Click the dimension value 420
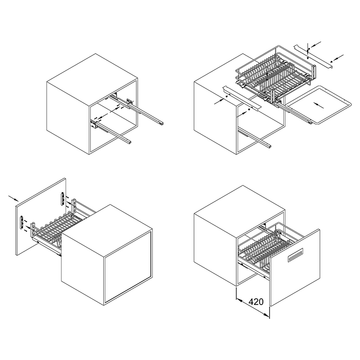pyautogui.click(x=256, y=301)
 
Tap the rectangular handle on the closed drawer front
pyautogui.click(x=296, y=255)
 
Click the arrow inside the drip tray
pyautogui.click(x=319, y=105)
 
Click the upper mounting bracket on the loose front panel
pyautogui.click(x=62, y=199)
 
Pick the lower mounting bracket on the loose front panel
pyautogui.click(x=22, y=222)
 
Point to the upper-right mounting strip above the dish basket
pyautogui.click(x=313, y=56)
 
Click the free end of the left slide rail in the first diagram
pyautogui.click(x=129, y=142)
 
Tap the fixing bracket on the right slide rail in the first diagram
pyautogui.click(x=129, y=103)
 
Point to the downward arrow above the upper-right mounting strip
pyautogui.click(x=308, y=47)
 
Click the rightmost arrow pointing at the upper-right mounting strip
pyautogui.click(x=337, y=58)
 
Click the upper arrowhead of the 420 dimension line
pyautogui.click(x=239, y=299)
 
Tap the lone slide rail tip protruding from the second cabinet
pyautogui.click(x=269, y=146)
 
